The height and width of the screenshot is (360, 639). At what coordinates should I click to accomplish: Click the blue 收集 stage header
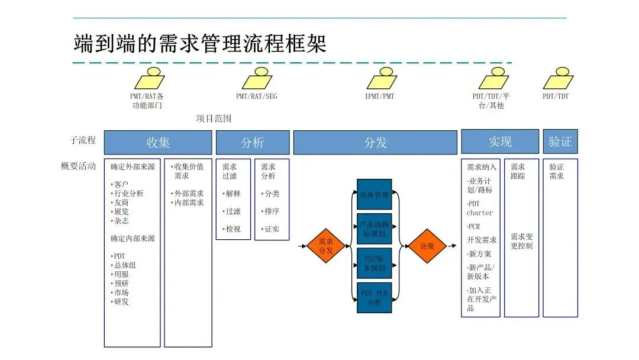click(158, 143)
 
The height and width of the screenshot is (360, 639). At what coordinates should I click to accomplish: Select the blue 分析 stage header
click(253, 143)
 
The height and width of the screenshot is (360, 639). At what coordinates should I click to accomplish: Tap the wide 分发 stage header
click(375, 143)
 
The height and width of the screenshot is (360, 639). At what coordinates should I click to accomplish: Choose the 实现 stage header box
click(500, 142)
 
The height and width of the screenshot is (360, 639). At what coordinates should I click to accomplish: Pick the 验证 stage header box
click(560, 142)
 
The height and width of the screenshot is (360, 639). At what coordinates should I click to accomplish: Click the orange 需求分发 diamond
click(326, 246)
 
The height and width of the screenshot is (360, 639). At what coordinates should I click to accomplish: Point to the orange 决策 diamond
click(427, 246)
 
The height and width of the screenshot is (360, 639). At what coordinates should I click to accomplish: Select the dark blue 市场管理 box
click(374, 194)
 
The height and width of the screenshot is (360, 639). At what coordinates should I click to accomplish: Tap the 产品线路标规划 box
click(374, 229)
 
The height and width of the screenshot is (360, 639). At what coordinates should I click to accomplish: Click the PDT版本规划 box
click(374, 263)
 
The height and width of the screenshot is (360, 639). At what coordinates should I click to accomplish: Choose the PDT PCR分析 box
click(374, 298)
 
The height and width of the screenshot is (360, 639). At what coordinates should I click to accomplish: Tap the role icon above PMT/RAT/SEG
click(257, 79)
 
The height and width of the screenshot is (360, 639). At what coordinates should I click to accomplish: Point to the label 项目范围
click(214, 118)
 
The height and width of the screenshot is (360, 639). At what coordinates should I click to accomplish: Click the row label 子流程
click(82, 141)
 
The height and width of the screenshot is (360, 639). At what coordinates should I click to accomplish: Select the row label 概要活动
click(78, 166)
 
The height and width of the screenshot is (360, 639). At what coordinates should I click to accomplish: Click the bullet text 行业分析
click(128, 194)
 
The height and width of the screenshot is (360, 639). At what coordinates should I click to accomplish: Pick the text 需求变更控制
click(521, 241)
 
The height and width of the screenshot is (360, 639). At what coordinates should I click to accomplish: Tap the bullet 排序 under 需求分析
click(272, 211)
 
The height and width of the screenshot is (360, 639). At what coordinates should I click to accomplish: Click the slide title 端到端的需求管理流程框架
click(200, 44)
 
